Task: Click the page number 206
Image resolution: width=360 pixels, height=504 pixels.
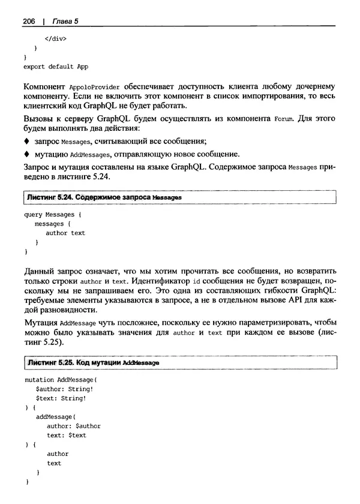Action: pos(31,22)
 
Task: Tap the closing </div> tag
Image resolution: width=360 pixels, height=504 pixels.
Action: pos(55,38)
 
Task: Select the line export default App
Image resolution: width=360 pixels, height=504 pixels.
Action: pos(56,67)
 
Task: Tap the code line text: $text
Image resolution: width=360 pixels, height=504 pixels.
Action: pos(67,435)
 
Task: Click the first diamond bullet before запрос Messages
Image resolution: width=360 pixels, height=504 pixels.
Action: pos(26,142)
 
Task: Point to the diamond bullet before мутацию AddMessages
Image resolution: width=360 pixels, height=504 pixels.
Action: pos(26,154)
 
